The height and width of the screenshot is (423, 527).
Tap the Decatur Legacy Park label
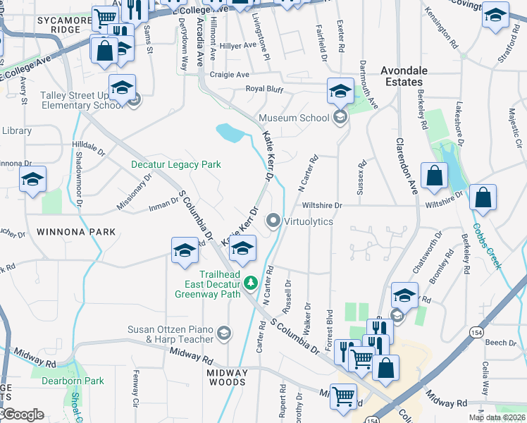[x=176, y=164]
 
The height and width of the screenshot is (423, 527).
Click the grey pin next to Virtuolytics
[x=274, y=221]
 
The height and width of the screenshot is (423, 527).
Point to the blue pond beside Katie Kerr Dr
[x=228, y=132]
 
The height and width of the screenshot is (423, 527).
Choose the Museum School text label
[x=293, y=118]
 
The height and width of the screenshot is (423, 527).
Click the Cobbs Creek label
[x=486, y=246]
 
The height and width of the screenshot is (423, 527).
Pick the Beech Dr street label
[x=501, y=343]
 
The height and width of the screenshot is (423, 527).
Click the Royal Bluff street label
[x=264, y=89]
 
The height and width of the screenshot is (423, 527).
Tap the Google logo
[x=23, y=415]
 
